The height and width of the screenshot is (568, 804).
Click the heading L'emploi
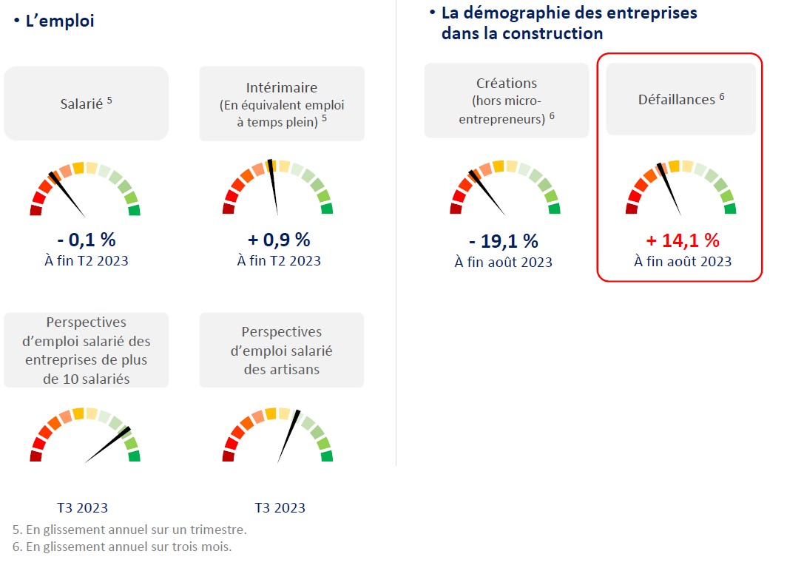[x=59, y=21]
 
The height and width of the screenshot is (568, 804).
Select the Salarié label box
[x=86, y=104]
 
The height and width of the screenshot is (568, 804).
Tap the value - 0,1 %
[x=86, y=240]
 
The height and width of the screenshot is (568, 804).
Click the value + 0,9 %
[x=279, y=240]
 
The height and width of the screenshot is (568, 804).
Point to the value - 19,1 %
[x=503, y=241]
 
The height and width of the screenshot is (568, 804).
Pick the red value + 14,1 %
[x=682, y=240]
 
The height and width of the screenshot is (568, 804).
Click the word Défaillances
[x=676, y=99]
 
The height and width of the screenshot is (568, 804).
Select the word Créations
[x=507, y=84]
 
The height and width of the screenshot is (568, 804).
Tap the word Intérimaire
[x=282, y=87]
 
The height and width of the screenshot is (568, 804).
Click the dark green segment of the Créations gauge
[x=554, y=209]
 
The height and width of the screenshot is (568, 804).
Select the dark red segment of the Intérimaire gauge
[x=229, y=209]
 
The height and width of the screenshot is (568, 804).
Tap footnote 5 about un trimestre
[x=129, y=530]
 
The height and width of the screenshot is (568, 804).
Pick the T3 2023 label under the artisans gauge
[x=280, y=508]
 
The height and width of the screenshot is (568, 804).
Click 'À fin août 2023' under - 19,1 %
[x=503, y=263]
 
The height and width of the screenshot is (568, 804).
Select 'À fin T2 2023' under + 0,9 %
[x=279, y=260]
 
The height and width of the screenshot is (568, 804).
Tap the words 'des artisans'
[x=282, y=368]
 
